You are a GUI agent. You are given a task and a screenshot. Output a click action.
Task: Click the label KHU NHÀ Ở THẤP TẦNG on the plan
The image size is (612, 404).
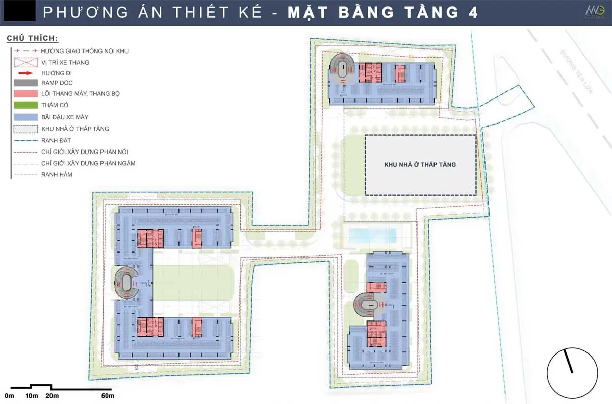click(x=420, y=165)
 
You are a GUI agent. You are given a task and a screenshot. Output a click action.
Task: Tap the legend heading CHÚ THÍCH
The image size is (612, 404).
click(x=32, y=39)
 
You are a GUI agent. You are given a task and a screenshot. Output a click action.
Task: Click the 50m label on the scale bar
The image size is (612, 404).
click(x=108, y=396)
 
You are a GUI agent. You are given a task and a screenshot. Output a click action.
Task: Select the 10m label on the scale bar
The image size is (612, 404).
click(x=31, y=396)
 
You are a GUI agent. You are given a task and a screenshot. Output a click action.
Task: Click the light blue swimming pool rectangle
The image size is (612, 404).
click(x=373, y=236)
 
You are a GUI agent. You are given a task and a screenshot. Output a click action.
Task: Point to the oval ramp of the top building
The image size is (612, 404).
click(x=342, y=68)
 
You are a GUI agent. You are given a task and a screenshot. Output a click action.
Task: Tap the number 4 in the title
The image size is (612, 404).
click(x=473, y=13)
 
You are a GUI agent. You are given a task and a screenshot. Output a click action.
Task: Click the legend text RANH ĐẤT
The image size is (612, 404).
click(x=55, y=140)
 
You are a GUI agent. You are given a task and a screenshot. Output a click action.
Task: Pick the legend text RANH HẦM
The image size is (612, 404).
click(x=56, y=175)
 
